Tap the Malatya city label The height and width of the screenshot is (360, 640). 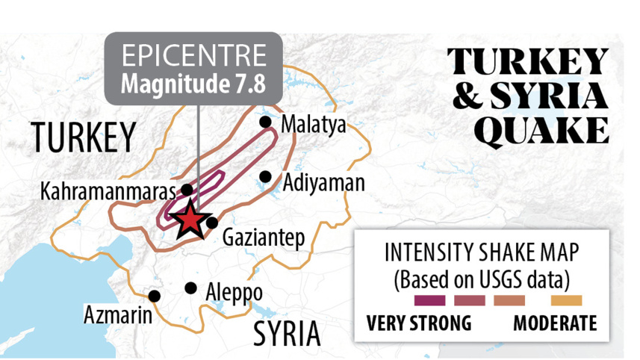pyautogui.click(x=314, y=125)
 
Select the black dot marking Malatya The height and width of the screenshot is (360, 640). pyautogui.click(x=265, y=122)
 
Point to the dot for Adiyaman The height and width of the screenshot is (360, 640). pyautogui.click(x=265, y=177)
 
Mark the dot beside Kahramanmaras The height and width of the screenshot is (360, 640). pyautogui.click(x=187, y=190)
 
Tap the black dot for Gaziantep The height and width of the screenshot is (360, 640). pyautogui.click(x=212, y=222)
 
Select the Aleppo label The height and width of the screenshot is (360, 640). pyautogui.click(x=234, y=291)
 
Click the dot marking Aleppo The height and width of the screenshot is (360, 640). pyautogui.click(x=191, y=288)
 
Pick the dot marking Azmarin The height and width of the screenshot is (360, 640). pyautogui.click(x=155, y=296)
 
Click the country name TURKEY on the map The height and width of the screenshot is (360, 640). pyautogui.click(x=83, y=138)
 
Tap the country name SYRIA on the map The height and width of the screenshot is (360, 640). pyautogui.click(x=286, y=333)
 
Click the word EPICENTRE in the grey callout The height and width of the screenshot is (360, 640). pyautogui.click(x=193, y=56)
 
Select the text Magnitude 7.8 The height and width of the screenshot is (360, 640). pyautogui.click(x=193, y=82)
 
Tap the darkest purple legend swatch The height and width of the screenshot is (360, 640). pyautogui.click(x=429, y=301)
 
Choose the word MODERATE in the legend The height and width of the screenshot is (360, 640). pyautogui.click(x=555, y=323)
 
